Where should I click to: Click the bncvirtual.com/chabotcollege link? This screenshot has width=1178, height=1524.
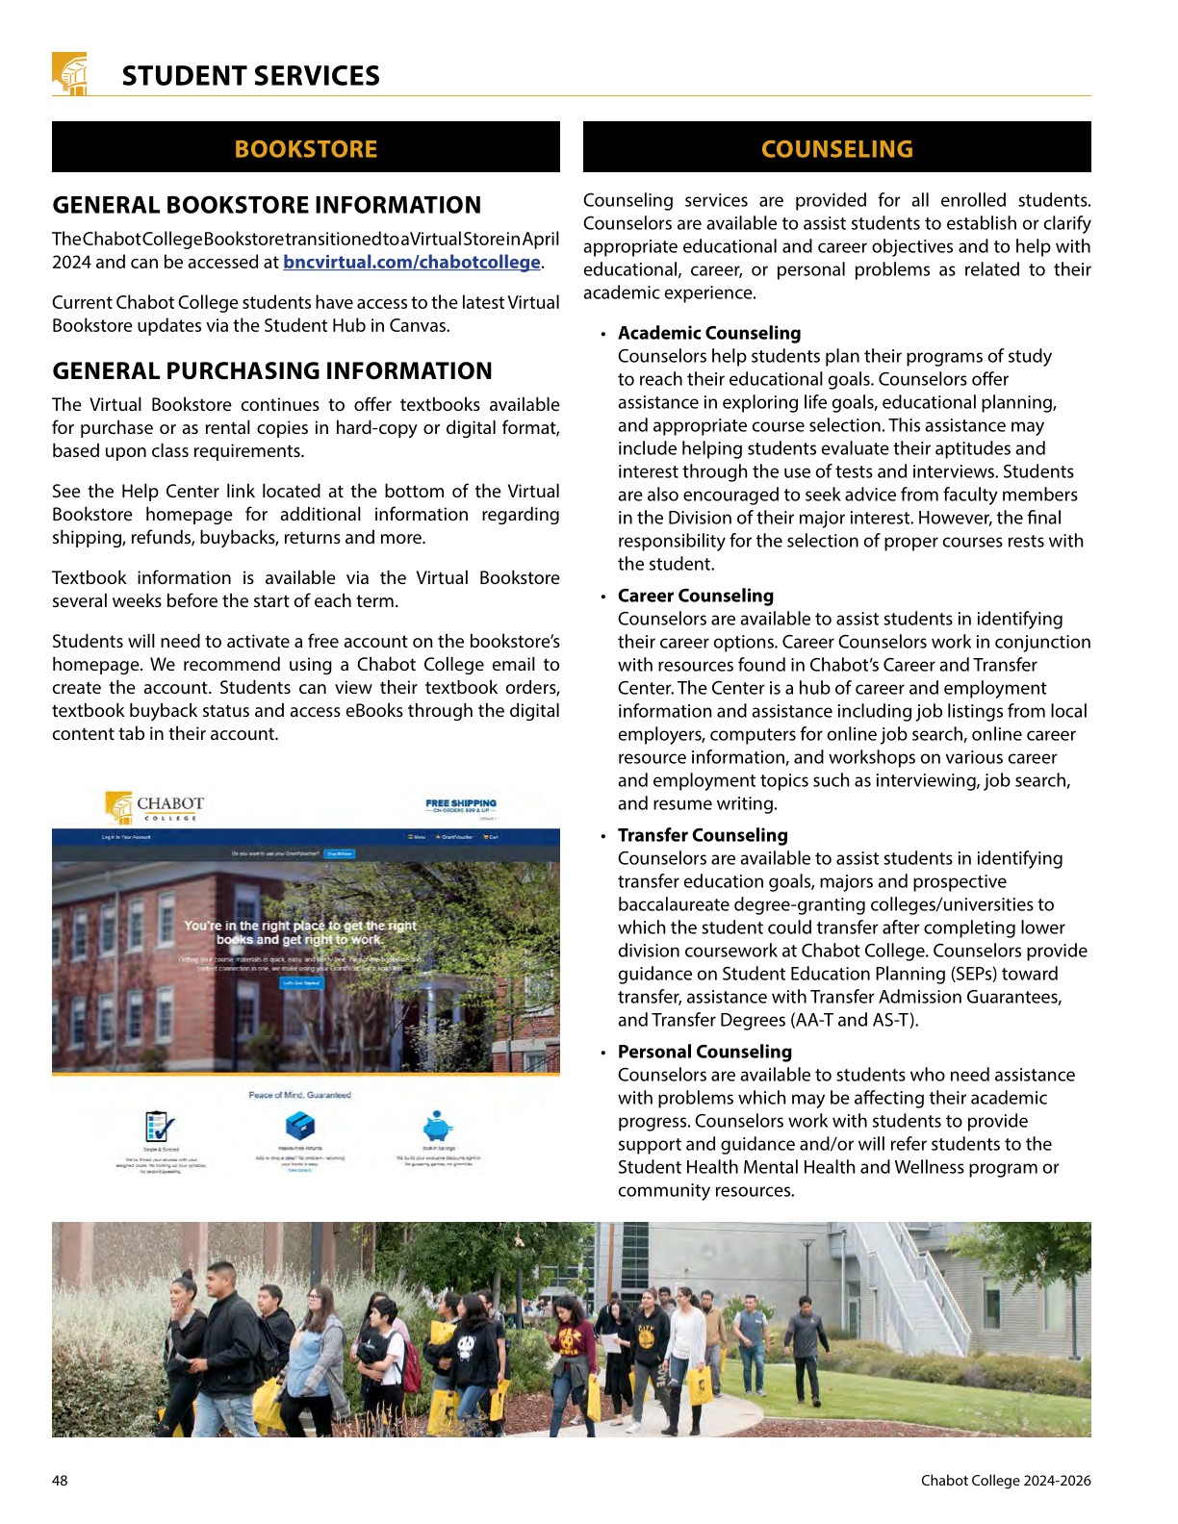pyautogui.click(x=412, y=262)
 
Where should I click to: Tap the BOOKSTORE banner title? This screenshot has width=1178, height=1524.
pyautogui.click(x=306, y=149)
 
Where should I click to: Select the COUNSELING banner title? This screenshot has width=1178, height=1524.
pyautogui.click(x=836, y=149)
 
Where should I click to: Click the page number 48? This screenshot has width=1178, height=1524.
pyautogui.click(x=60, y=1481)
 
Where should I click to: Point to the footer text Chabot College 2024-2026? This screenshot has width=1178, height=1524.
pyautogui.click(x=1006, y=1481)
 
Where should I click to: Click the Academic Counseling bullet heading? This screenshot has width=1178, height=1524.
pyautogui.click(x=709, y=333)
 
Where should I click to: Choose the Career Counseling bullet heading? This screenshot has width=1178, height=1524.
pyautogui.click(x=696, y=596)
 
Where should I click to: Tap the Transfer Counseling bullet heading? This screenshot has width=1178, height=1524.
pyautogui.click(x=703, y=835)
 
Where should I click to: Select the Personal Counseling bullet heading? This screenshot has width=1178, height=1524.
pyautogui.click(x=704, y=1052)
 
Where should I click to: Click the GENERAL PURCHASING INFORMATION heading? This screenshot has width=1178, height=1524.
pyautogui.click(x=272, y=371)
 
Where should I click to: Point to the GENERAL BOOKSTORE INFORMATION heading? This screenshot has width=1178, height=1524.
pyautogui.click(x=267, y=205)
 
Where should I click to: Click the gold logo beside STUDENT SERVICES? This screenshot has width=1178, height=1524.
pyautogui.click(x=69, y=73)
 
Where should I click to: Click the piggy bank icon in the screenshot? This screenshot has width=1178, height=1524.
pyautogui.click(x=438, y=1126)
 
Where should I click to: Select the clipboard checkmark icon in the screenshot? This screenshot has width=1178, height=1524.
pyautogui.click(x=160, y=1126)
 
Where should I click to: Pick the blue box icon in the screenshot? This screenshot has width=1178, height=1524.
pyautogui.click(x=300, y=1125)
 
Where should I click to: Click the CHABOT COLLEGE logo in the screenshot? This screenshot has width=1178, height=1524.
pyautogui.click(x=156, y=806)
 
